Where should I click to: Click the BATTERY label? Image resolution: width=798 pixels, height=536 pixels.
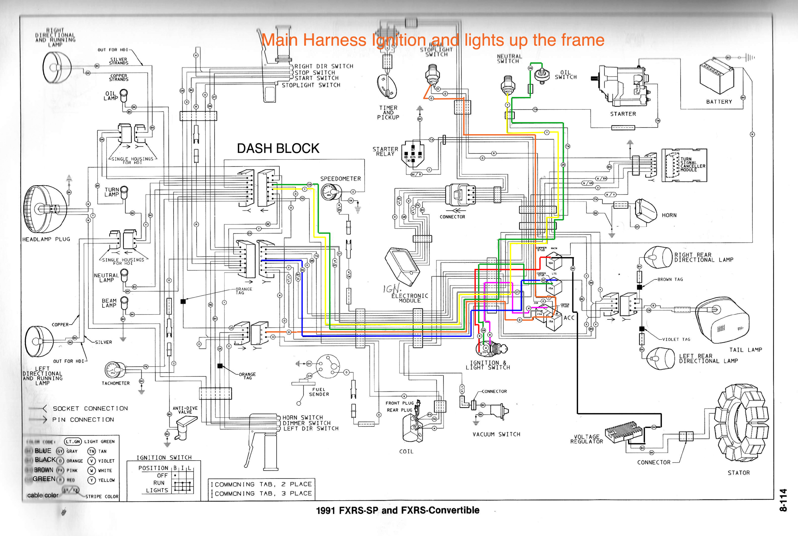coord(719,102)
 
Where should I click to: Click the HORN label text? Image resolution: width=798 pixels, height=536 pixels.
coord(669,215)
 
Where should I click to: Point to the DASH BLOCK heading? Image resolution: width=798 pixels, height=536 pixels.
coord(278,148)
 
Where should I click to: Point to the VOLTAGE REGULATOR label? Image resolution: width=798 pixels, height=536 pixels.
coord(587,439)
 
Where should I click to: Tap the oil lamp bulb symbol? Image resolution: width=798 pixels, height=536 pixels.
coord(124,94)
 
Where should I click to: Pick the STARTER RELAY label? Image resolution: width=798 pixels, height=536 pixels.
coord(385,151)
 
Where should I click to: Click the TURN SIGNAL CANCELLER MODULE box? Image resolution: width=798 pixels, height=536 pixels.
coord(684,165)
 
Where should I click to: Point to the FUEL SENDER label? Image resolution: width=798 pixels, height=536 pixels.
coord(319,392)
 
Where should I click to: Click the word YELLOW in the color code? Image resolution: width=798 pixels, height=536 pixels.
coord(106,480)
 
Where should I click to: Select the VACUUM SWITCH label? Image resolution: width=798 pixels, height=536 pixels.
coord(496,434)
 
